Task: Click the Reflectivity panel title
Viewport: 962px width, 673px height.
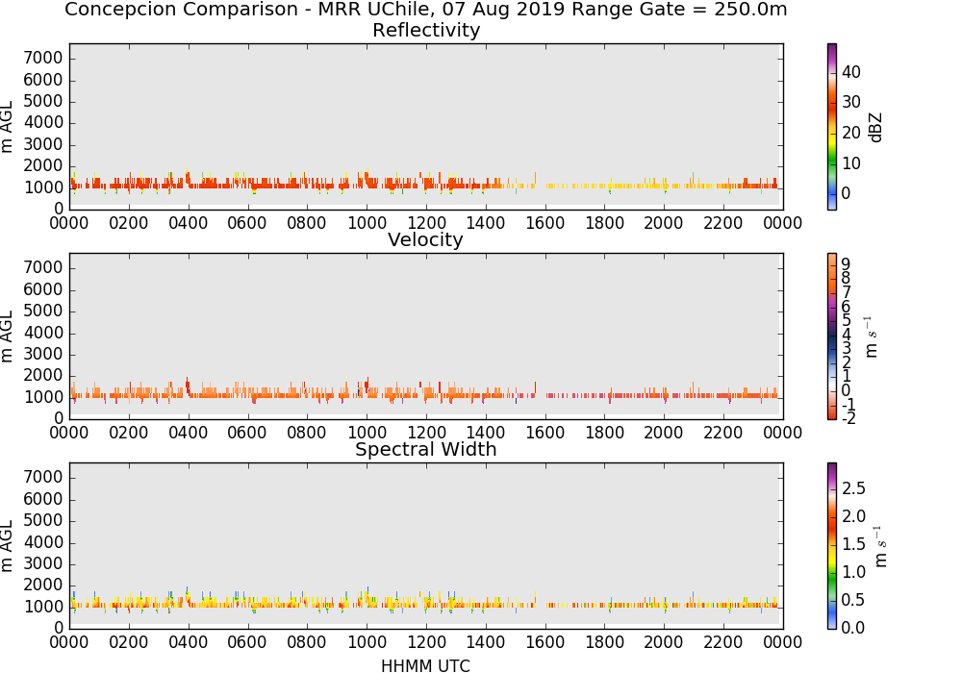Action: pyautogui.click(x=426, y=30)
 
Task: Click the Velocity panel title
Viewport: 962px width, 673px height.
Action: pyautogui.click(x=425, y=239)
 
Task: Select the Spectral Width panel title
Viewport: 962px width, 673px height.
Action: pyautogui.click(x=426, y=449)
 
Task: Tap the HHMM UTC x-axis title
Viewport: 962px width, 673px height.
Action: pyautogui.click(x=425, y=665)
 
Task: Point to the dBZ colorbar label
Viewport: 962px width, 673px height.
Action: pyautogui.click(x=875, y=128)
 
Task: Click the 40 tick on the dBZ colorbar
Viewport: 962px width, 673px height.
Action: pyautogui.click(x=851, y=72)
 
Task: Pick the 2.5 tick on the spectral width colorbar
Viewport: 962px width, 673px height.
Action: pyautogui.click(x=853, y=488)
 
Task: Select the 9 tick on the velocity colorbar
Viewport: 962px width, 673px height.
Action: pyautogui.click(x=846, y=264)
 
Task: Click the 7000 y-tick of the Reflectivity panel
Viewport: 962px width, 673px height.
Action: pyautogui.click(x=43, y=59)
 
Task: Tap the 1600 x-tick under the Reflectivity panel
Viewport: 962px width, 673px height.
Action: pyautogui.click(x=544, y=223)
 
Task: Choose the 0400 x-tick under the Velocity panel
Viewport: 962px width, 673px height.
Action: pyautogui.click(x=188, y=433)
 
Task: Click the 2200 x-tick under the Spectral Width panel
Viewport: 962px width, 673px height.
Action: pyautogui.click(x=722, y=642)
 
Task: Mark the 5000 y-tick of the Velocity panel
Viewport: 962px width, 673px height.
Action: pyautogui.click(x=43, y=312)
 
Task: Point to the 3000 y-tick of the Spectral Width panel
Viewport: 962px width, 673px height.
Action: pyautogui.click(x=43, y=564)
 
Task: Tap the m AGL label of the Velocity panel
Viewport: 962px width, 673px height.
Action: pyautogui.click(x=8, y=336)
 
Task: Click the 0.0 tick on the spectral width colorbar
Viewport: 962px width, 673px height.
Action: pyautogui.click(x=853, y=628)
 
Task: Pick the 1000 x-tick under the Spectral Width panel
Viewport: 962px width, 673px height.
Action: pyautogui.click(x=367, y=642)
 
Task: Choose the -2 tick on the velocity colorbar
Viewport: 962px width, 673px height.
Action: pyautogui.click(x=848, y=418)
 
